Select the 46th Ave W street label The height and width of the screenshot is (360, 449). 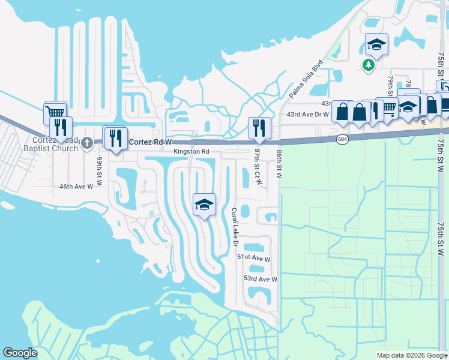click(x=76, y=187)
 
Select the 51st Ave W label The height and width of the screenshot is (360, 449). click(x=254, y=257)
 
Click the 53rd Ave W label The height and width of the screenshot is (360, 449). click(x=261, y=279)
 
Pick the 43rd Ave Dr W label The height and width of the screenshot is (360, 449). click(x=307, y=114)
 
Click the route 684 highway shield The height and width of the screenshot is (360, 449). click(x=342, y=139)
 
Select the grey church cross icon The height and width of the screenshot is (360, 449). click(x=88, y=142)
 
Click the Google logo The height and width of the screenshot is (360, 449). click(x=20, y=353)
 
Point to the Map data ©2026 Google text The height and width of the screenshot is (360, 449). click(x=411, y=355)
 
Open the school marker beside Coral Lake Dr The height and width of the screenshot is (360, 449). click(x=204, y=205)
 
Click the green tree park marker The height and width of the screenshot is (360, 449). click(x=369, y=64)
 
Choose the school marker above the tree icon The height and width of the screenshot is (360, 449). click(x=376, y=44)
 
